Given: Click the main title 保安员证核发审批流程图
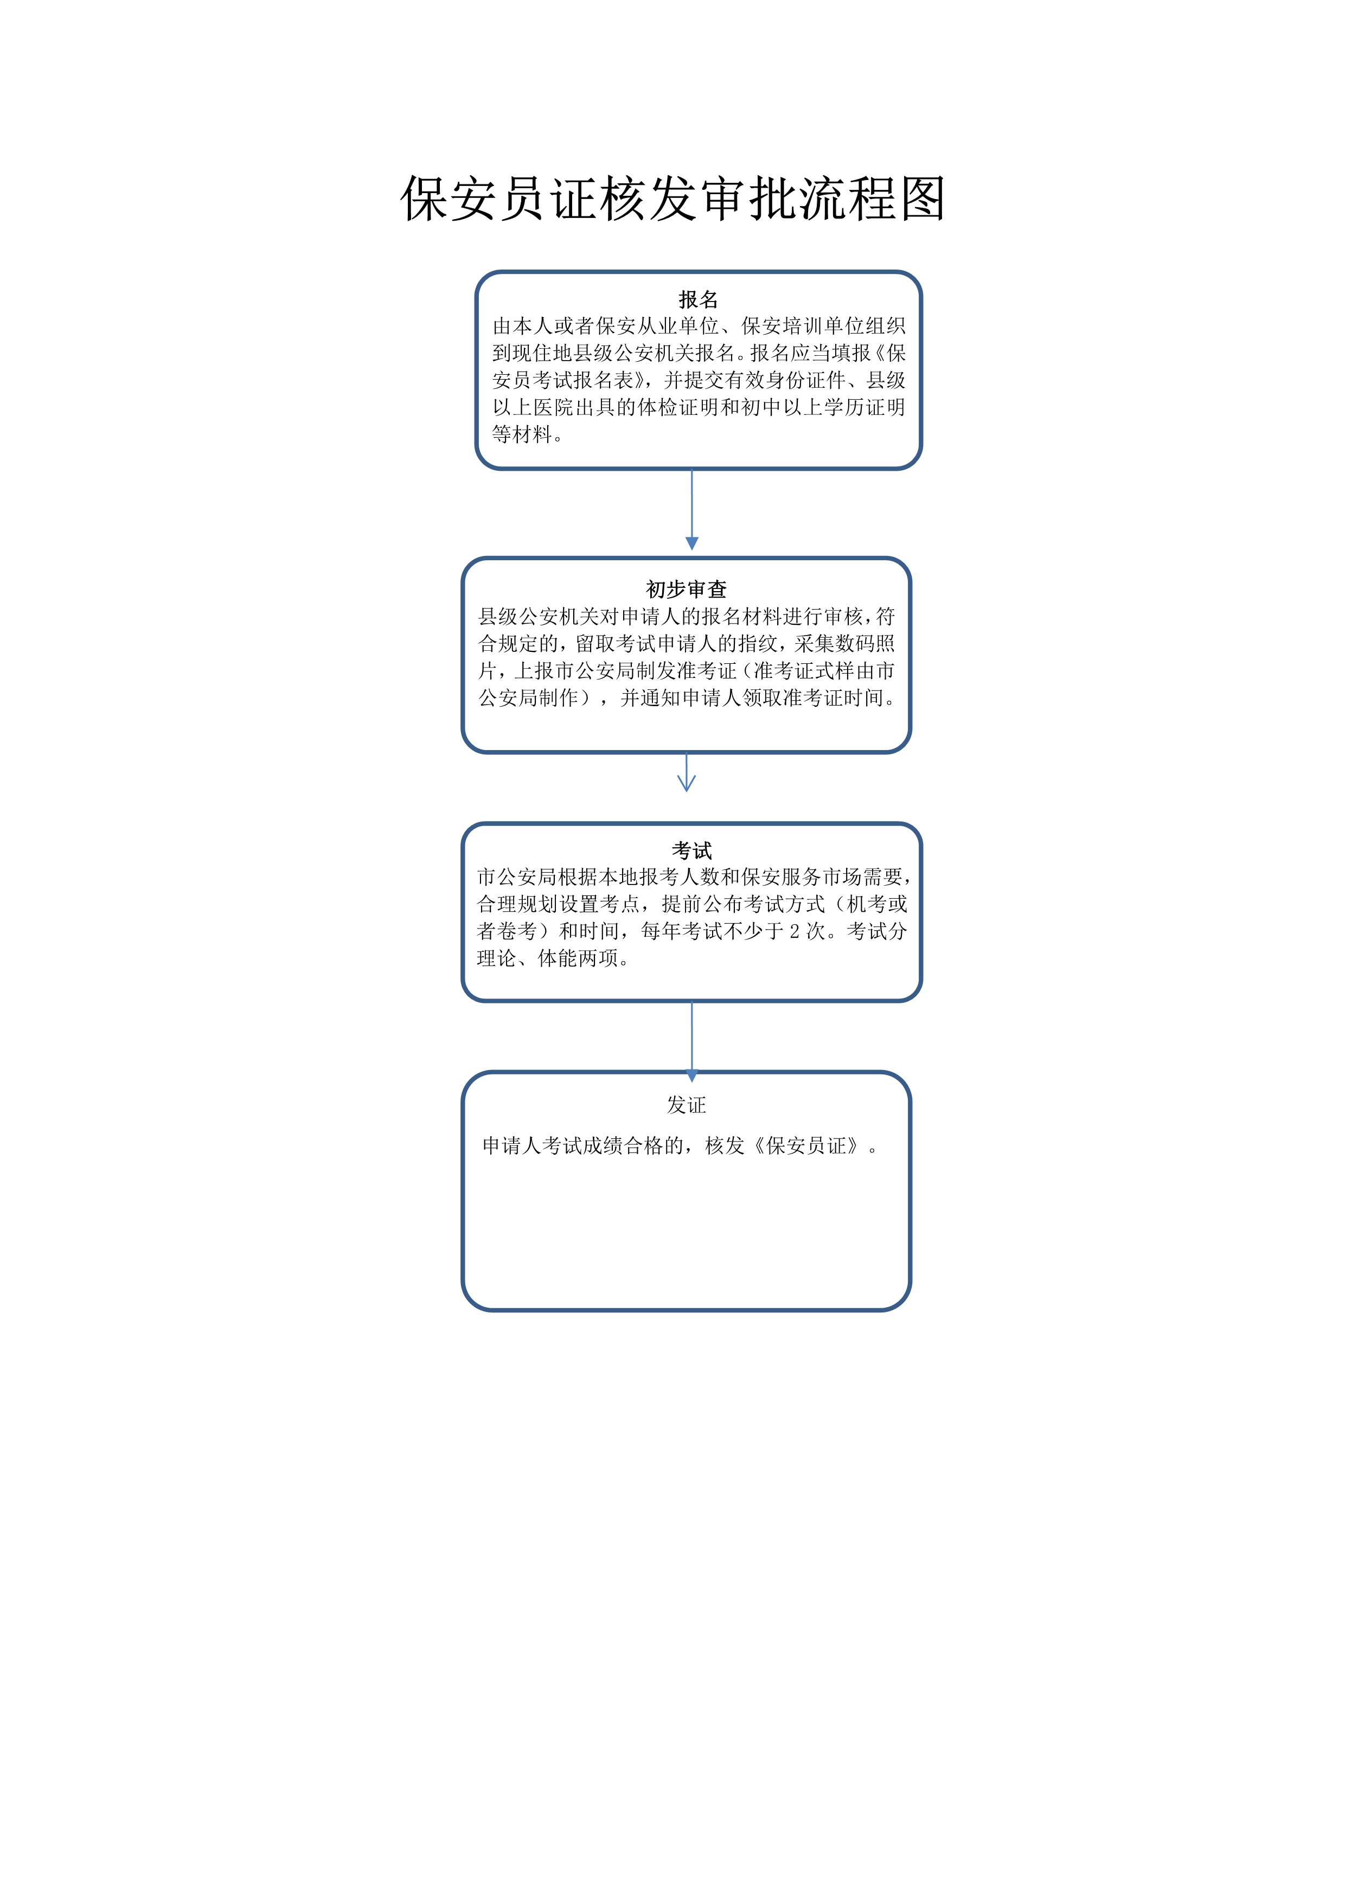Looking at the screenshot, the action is [x=672, y=199].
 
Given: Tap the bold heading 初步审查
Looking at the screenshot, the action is [x=686, y=589].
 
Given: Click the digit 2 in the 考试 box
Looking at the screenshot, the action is [x=794, y=931].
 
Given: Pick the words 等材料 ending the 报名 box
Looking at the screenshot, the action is [x=523, y=434].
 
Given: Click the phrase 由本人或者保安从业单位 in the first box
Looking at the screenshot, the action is [x=605, y=325].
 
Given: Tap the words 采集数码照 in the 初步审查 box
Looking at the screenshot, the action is [x=845, y=644].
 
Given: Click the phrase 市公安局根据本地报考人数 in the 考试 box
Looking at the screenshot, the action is [x=598, y=876].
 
